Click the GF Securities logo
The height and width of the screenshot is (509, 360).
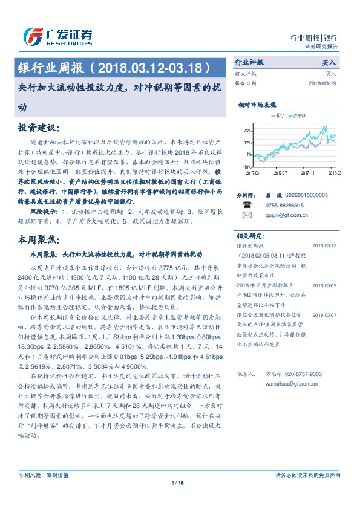[x=57, y=36]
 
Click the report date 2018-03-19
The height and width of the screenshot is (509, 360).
[x=326, y=83]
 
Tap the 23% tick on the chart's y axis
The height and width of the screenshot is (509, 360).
[x=247, y=131]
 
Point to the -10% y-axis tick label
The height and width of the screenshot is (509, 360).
[x=247, y=166]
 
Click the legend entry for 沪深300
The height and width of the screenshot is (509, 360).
[x=299, y=114]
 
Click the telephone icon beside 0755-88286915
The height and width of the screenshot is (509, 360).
[x=246, y=206]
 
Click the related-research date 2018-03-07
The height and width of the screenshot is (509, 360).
[x=326, y=315]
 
